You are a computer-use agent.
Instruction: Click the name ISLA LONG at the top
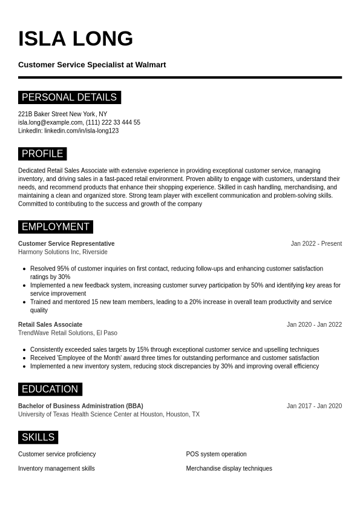pos(76,39)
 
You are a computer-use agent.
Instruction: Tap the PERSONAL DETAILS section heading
pos(69,97)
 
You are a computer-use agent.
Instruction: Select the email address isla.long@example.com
pos(50,122)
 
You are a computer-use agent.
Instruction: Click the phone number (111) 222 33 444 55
pos(113,122)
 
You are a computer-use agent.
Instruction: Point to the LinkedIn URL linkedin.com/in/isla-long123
pos(82,131)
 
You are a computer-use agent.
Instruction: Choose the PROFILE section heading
pos(42,154)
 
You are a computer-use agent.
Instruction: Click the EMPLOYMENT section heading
pos(55,227)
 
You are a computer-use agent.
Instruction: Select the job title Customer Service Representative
pos(66,244)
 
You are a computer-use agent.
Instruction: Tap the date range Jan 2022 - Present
pos(316,244)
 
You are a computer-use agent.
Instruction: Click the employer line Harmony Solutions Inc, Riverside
pos(63,252)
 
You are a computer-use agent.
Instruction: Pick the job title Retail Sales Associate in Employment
pos(50,325)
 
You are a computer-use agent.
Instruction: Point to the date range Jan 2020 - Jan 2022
pos(314,325)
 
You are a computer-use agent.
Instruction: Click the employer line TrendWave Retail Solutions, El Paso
pos(68,333)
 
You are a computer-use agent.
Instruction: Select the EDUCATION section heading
pos(50,389)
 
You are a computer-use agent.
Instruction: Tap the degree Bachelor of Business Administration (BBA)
pos(80,406)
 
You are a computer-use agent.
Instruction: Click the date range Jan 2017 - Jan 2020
pos(314,406)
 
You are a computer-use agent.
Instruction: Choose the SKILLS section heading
pos(38,437)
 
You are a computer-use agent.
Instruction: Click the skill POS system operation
pos(216,455)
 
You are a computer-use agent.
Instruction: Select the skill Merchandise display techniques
pos(229,468)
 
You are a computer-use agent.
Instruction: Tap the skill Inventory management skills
pos(56,468)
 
